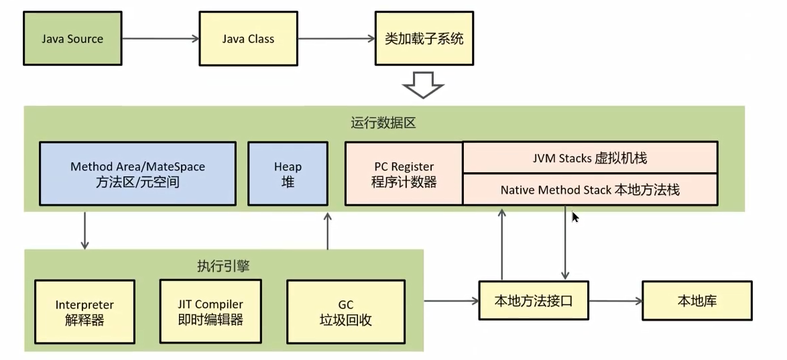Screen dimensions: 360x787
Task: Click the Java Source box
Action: pyautogui.click(x=72, y=38)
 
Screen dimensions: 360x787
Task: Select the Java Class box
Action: pyautogui.click(x=248, y=38)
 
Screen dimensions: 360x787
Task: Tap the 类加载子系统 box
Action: pyautogui.click(x=424, y=38)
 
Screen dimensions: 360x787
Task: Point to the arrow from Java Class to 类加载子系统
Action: pyautogui.click(x=336, y=38)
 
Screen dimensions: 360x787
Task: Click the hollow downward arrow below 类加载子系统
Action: pyautogui.click(x=423, y=85)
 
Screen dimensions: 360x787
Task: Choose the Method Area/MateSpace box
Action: pyautogui.click(x=137, y=173)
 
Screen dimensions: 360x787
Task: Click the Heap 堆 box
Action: pyautogui.click(x=288, y=173)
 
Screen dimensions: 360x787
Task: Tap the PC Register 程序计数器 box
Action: pyautogui.click(x=404, y=174)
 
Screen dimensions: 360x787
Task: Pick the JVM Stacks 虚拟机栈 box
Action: pyautogui.click(x=590, y=158)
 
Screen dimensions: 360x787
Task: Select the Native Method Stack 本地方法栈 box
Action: pyautogui.click(x=590, y=190)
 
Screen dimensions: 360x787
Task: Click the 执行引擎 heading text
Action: pyautogui.click(x=223, y=265)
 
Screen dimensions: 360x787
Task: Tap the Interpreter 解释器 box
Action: pyautogui.click(x=84, y=312)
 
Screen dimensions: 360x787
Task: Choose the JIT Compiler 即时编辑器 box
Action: pyautogui.click(x=210, y=312)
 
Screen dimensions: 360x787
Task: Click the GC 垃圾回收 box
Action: pyautogui.click(x=345, y=312)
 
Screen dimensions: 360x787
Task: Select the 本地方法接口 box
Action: pyautogui.click(x=534, y=300)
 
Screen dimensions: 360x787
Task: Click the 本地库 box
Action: pyautogui.click(x=697, y=300)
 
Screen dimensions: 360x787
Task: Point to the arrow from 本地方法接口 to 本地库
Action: pyautogui.click(x=615, y=300)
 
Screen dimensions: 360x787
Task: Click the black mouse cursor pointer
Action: pyautogui.click(x=575, y=217)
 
